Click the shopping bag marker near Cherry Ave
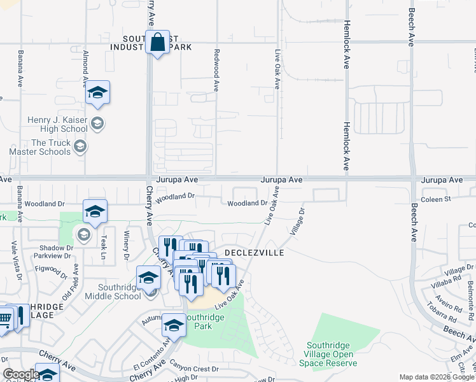(x=157, y=43)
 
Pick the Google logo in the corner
(x=20, y=375)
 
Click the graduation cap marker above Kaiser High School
(x=97, y=93)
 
